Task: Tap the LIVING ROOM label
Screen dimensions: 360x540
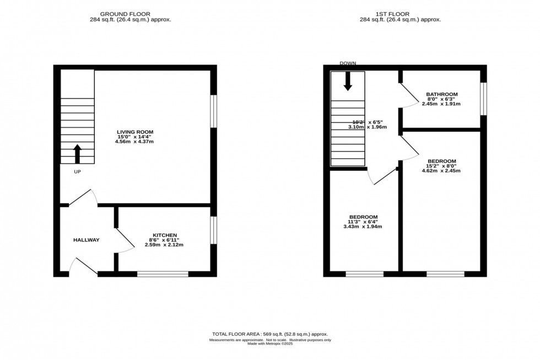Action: [134, 132]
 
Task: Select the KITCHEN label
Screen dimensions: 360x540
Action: [165, 235]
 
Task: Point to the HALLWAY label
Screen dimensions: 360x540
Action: [87, 240]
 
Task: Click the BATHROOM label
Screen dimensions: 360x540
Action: [441, 94]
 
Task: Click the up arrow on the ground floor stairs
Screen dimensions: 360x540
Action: [77, 154]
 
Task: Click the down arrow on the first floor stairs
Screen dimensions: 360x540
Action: [347, 81]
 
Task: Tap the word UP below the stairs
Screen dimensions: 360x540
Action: [77, 172]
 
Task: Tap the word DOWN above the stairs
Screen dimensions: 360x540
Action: [347, 63]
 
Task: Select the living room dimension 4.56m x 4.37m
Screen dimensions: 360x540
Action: [134, 142]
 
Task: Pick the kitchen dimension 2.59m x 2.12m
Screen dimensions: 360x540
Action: [165, 245]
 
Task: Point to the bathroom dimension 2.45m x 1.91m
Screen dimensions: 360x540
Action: [441, 104]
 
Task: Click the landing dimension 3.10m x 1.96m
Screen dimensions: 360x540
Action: [367, 127]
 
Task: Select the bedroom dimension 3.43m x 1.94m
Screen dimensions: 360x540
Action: [363, 227]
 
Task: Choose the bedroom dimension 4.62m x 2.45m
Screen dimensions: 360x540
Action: [441, 171]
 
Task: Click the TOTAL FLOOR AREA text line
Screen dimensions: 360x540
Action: [269, 334]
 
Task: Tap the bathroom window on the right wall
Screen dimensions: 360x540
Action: [483, 99]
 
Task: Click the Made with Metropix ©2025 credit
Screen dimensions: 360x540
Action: [269, 344]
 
